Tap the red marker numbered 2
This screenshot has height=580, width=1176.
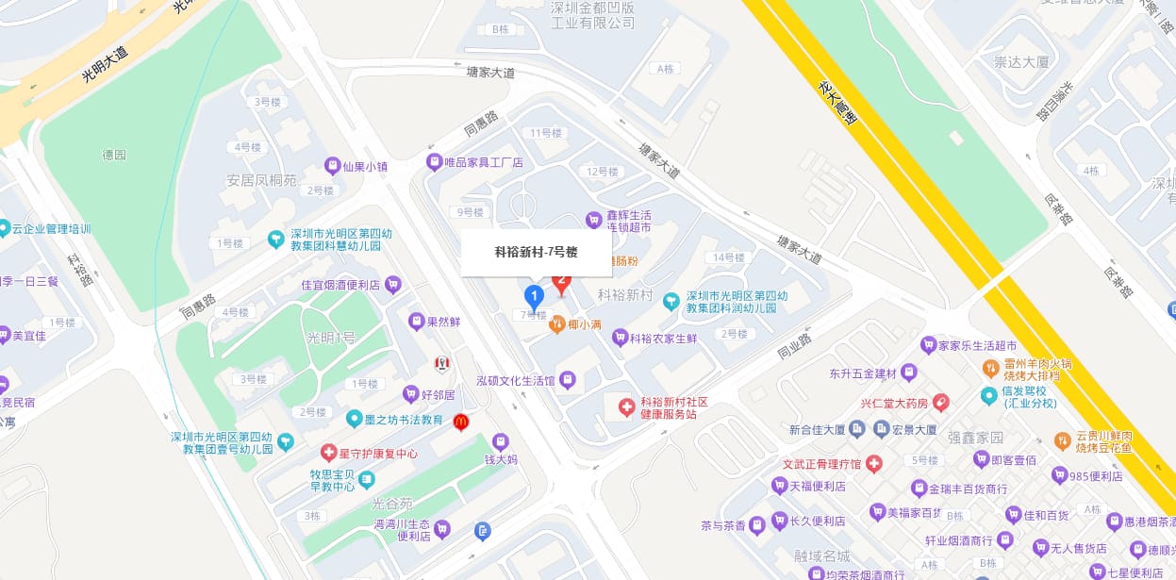(562, 281)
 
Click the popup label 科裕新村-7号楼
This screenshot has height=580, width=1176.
(536, 253)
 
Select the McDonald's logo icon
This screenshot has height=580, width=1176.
(461, 422)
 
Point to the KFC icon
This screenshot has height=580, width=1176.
(440, 364)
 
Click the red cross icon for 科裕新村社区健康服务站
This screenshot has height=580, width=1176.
(626, 407)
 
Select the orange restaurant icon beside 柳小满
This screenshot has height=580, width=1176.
(556, 324)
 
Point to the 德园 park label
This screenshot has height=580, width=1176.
(114, 155)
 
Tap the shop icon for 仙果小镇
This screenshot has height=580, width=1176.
(332, 166)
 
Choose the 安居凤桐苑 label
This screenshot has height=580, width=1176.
(261, 180)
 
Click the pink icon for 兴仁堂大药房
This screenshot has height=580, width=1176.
(940, 403)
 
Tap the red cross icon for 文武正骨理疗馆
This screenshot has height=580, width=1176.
(873, 464)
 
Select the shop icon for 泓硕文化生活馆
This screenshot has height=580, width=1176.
(567, 380)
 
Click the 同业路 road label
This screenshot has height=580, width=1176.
(793, 346)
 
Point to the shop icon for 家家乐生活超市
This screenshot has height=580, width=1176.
(928, 345)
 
